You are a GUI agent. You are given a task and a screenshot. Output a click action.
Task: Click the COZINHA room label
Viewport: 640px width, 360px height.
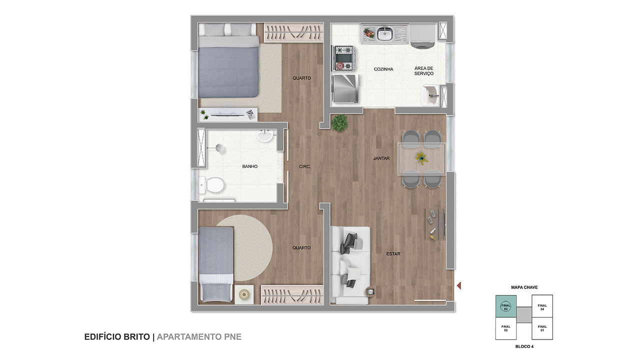[x=383, y=69]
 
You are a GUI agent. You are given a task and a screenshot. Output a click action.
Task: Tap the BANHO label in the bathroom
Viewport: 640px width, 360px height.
[x=249, y=166]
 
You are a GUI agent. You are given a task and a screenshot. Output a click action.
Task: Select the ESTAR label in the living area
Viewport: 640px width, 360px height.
[x=393, y=253]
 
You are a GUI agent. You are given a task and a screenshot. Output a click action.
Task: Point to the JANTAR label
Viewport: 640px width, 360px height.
[x=381, y=158]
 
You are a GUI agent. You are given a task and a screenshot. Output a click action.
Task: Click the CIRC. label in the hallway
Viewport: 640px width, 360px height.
[x=305, y=166]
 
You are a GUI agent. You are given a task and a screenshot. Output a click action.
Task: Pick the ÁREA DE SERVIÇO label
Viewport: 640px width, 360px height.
[x=424, y=71]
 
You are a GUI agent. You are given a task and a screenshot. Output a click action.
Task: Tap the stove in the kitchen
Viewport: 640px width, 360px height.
[x=343, y=58]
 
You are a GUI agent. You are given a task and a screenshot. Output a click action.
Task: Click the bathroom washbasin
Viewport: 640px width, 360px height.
[x=265, y=135]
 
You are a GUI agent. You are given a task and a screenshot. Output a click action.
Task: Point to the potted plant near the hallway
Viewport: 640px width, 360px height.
[x=339, y=123]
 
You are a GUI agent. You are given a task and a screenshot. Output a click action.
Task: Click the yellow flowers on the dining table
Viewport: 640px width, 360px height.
[x=421, y=158]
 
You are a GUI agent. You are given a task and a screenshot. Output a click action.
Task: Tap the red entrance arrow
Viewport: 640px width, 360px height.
[x=459, y=285]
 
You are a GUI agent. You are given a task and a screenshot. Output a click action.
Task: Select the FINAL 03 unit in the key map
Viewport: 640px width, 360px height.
[x=505, y=306]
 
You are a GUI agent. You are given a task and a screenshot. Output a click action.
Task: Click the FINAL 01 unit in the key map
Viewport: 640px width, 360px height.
[x=542, y=328]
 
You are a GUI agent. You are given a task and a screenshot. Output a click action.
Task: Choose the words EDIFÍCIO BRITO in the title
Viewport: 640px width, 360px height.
[x=117, y=337]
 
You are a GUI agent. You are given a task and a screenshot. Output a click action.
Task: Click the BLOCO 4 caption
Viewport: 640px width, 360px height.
[x=524, y=346]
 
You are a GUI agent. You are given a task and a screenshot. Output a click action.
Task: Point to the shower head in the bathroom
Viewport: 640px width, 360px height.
[x=220, y=148]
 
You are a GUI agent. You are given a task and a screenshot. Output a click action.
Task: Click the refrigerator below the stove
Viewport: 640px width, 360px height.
[x=345, y=88]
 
